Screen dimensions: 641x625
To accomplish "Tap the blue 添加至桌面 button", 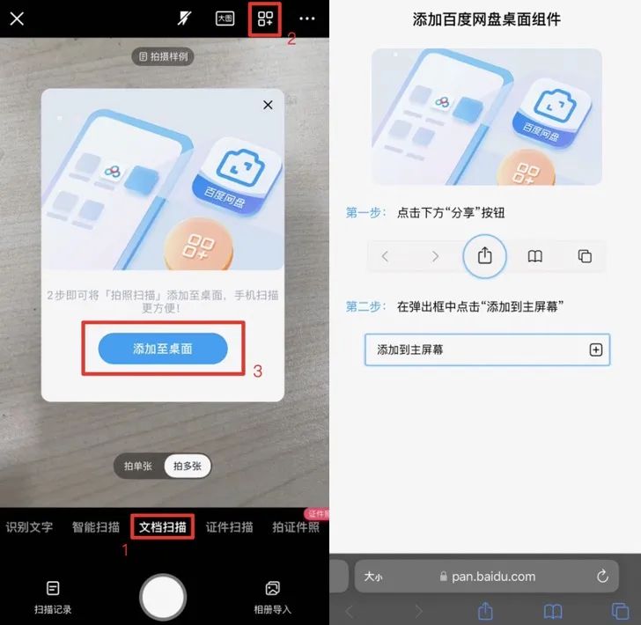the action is [x=163, y=349].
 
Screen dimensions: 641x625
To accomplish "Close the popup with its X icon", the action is [x=268, y=105].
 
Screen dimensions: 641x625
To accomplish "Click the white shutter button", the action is [x=163, y=597].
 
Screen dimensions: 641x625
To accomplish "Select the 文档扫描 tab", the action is [x=163, y=527].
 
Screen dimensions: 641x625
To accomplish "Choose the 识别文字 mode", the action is [x=29, y=527].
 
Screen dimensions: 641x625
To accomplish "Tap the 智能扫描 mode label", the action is [x=96, y=527].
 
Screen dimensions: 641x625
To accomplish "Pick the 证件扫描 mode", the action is [x=229, y=527].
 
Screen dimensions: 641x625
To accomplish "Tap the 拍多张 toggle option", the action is [x=188, y=466].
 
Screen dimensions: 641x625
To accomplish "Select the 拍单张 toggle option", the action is [x=138, y=466].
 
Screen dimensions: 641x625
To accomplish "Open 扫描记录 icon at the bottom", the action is [x=53, y=588].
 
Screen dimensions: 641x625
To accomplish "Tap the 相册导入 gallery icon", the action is [x=273, y=588].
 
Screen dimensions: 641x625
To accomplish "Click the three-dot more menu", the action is [x=307, y=18].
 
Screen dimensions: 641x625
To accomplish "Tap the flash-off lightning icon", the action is [x=184, y=18].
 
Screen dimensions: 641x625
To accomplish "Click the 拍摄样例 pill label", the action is [x=163, y=56].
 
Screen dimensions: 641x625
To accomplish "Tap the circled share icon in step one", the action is [x=485, y=256].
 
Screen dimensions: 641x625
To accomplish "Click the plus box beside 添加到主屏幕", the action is [x=595, y=349].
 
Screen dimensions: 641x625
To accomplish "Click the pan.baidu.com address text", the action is [x=493, y=577].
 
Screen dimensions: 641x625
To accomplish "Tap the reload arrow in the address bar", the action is [x=602, y=576].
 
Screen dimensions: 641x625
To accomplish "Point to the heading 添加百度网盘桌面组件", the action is [x=486, y=19].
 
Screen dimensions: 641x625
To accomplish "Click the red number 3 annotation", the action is [x=257, y=371].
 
